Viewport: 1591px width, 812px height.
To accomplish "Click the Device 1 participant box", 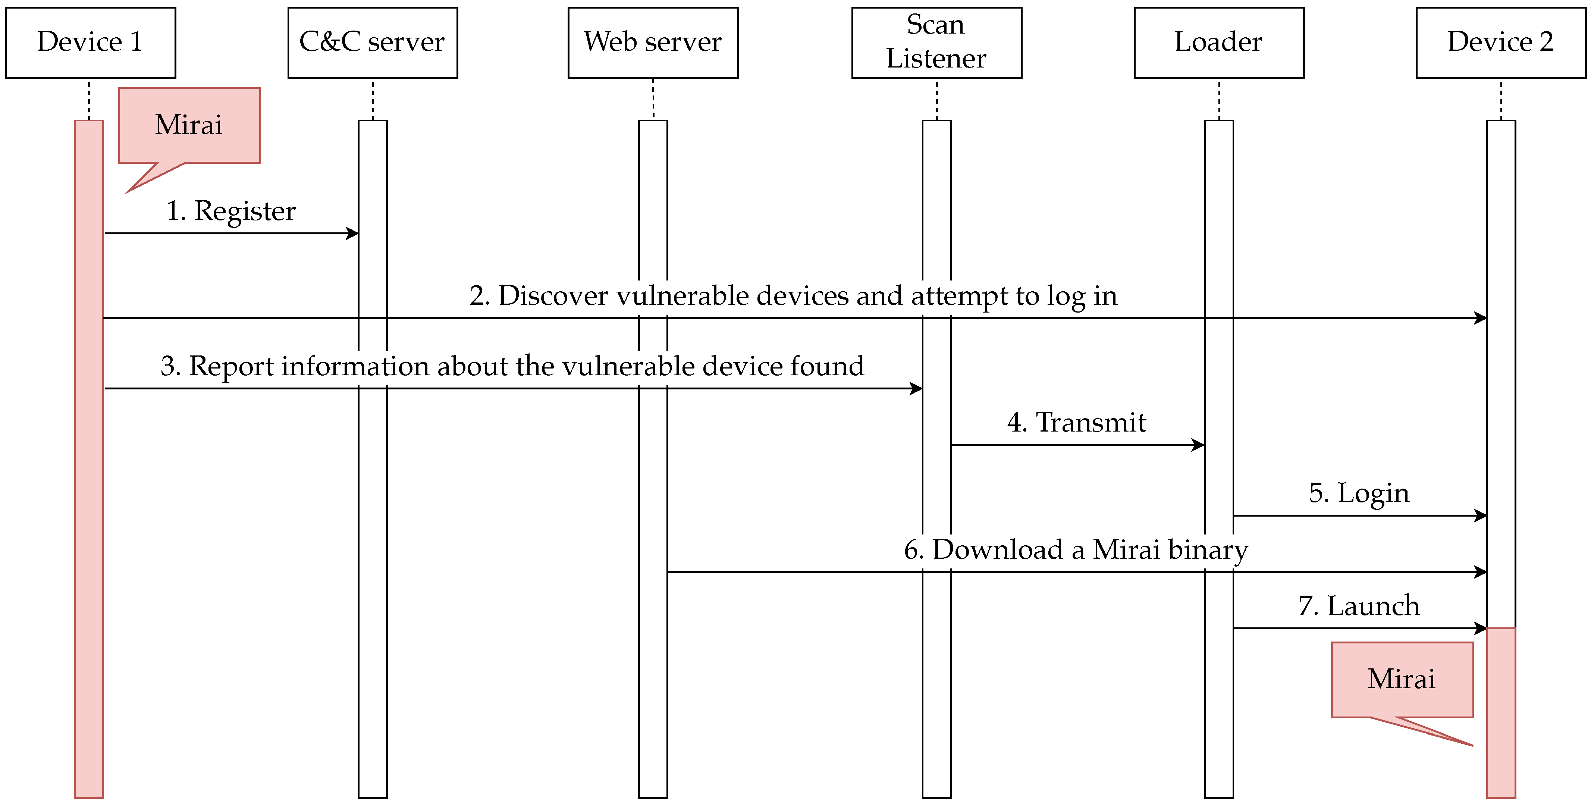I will pyautogui.click(x=91, y=43).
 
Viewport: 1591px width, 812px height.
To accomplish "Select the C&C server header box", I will pyautogui.click(x=373, y=43).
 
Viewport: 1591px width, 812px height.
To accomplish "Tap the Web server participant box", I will pyautogui.click(x=653, y=43).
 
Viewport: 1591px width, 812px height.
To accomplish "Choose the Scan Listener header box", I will pyautogui.click(x=936, y=43).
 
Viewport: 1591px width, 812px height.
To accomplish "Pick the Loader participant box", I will pyautogui.click(x=1218, y=43).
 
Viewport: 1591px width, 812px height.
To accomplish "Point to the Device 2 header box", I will pyautogui.click(x=1500, y=43).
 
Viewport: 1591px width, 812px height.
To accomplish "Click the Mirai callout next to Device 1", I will pyautogui.click(x=189, y=125).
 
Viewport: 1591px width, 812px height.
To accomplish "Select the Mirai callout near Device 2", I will pyautogui.click(x=1402, y=679).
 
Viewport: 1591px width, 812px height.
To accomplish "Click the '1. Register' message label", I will pyautogui.click(x=231, y=211).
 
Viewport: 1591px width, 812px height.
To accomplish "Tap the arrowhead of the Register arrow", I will pyautogui.click(x=353, y=233).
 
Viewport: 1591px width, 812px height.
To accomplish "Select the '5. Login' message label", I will pyautogui.click(x=1359, y=493).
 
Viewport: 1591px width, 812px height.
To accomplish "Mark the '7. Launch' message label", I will pyautogui.click(x=1359, y=606).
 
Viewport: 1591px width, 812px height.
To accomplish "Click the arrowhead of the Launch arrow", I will pyautogui.click(x=1481, y=628).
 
